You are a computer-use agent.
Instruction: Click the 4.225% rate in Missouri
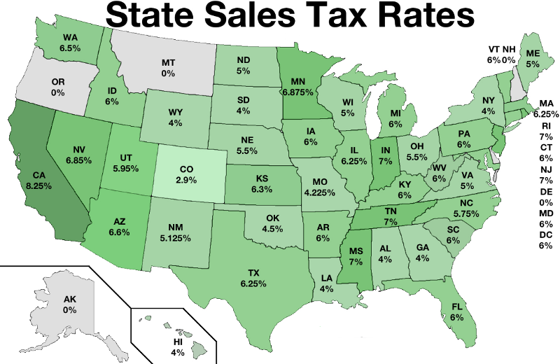(x=322, y=186)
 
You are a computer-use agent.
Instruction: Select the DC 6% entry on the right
(x=545, y=240)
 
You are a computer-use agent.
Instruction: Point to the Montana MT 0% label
(x=168, y=67)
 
